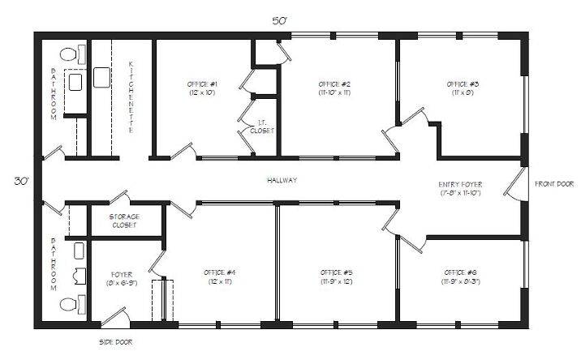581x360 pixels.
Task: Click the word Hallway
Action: click(281, 181)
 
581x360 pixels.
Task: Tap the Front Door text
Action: click(554, 184)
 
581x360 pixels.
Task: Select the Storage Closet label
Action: click(124, 221)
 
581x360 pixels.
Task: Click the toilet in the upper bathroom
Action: click(68, 55)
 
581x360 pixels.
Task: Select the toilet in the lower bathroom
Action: click(68, 305)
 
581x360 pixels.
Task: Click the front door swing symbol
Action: click(513, 184)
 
